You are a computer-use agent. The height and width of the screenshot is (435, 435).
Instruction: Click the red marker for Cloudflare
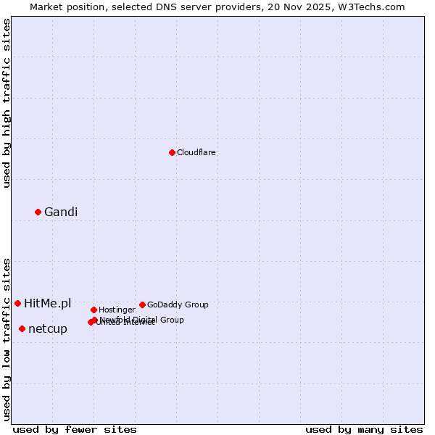[172, 152]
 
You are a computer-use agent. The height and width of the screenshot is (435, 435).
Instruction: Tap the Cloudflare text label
[196, 153]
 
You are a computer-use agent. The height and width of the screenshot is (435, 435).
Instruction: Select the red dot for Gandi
[38, 212]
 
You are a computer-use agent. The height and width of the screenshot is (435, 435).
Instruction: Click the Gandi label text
[61, 212]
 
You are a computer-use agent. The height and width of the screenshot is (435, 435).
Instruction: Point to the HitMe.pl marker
[17, 303]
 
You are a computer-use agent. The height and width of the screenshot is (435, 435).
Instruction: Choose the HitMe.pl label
[48, 304]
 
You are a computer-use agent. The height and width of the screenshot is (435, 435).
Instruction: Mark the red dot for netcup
[22, 328]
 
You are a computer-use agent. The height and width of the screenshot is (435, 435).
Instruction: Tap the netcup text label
[48, 329]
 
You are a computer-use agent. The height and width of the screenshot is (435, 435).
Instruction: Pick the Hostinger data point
[94, 310]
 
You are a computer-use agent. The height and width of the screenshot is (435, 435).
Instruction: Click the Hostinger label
[117, 310]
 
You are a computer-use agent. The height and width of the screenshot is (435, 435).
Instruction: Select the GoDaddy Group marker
[142, 304]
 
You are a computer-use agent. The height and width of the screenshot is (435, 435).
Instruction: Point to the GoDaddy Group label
[178, 305]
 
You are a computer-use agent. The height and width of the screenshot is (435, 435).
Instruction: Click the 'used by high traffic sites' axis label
[7, 103]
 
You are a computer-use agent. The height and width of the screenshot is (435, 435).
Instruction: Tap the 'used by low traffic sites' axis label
[7, 339]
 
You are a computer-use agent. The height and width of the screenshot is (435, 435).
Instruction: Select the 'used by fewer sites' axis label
[75, 430]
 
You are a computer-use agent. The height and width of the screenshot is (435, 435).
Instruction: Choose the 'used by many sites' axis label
[364, 430]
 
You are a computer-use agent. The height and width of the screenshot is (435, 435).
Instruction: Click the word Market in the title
[48, 7]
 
